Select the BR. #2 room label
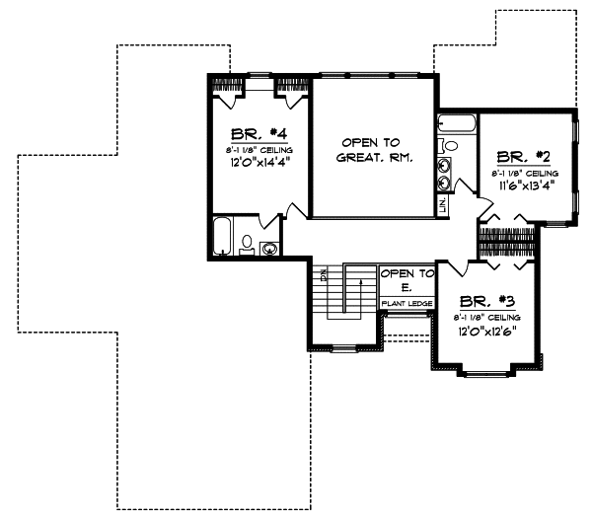(x=524, y=156)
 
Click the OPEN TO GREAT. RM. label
(x=373, y=149)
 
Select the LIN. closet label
(x=443, y=206)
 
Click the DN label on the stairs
(x=323, y=275)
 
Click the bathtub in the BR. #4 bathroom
(x=223, y=238)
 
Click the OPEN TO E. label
(x=407, y=279)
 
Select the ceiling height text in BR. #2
(x=524, y=171)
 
